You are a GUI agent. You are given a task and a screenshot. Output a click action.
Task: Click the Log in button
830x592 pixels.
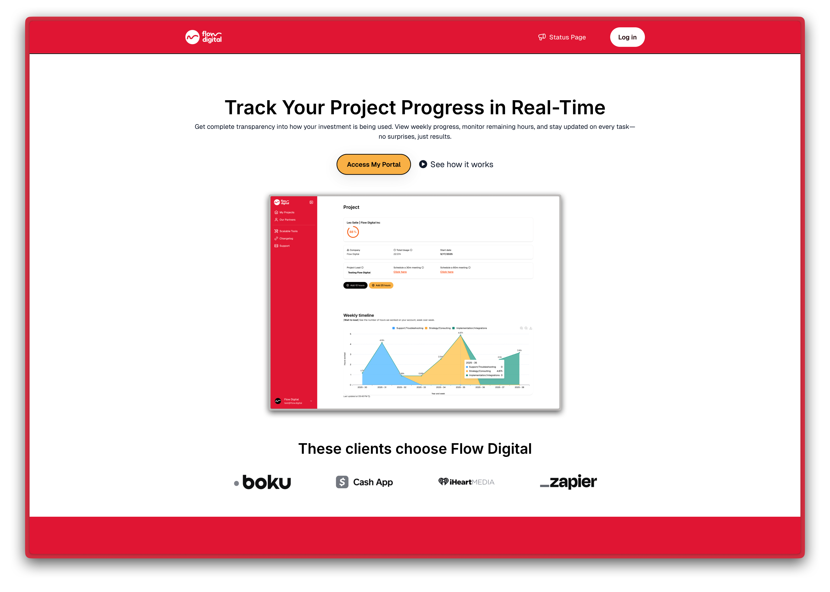click(x=627, y=37)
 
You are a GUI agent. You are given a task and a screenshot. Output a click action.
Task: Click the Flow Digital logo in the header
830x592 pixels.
click(x=203, y=37)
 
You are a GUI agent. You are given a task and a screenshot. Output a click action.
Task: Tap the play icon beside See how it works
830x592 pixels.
click(x=423, y=164)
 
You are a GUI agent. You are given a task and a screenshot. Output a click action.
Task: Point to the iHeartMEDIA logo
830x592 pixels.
click(x=466, y=482)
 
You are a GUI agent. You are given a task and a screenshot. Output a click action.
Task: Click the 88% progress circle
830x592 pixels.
click(x=353, y=232)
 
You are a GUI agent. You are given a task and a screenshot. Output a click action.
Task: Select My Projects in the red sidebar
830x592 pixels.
click(x=287, y=212)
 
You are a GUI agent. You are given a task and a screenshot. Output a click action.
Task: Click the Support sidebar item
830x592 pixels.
click(x=284, y=246)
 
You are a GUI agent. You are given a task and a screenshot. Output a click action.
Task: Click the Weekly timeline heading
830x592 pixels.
click(x=358, y=315)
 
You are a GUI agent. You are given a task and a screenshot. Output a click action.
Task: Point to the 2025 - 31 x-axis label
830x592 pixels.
click(x=382, y=387)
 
